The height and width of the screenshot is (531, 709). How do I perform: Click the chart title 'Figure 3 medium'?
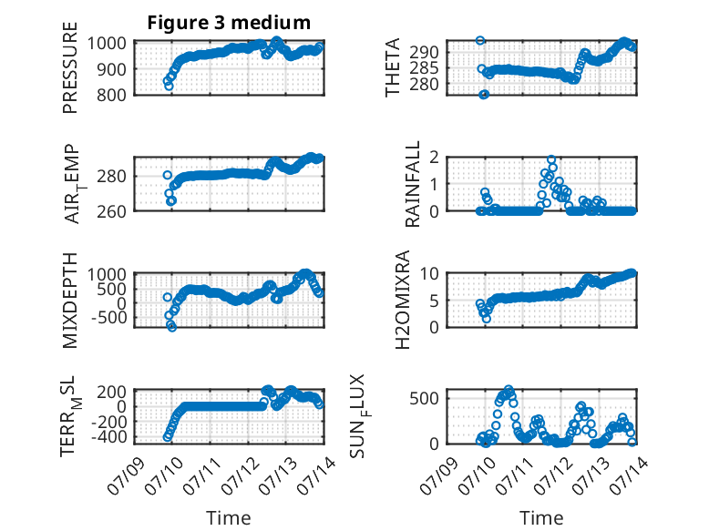[x=229, y=23]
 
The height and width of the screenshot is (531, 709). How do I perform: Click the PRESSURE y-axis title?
[x=70, y=67]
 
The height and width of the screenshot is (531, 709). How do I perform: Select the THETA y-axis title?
[x=393, y=67]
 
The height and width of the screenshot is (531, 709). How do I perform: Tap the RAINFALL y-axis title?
[x=413, y=184]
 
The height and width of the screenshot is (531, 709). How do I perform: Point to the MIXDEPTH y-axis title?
[x=70, y=301]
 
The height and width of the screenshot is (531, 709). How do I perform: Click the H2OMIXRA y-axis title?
[x=402, y=300]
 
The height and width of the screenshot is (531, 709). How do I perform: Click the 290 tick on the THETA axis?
[x=424, y=53]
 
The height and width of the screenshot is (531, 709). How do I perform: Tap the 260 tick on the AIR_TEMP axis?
[x=111, y=211]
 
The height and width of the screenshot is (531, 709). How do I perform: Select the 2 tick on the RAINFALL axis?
[x=434, y=158]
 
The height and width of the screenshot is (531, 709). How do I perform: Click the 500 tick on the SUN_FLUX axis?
[x=424, y=398]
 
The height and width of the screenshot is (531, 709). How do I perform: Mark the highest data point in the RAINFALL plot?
[x=551, y=159]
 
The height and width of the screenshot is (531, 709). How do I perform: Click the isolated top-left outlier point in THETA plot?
[x=480, y=40]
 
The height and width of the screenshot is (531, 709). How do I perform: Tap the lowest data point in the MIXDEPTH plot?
[x=172, y=327]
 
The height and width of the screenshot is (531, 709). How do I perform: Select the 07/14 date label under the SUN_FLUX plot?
[x=629, y=476]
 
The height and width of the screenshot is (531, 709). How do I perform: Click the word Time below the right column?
[x=541, y=518]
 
